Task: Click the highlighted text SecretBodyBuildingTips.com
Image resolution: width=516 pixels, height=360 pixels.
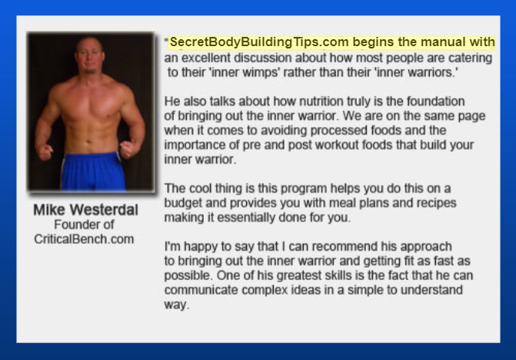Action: point(259,42)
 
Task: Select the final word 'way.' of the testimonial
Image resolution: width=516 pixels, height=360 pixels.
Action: point(177,305)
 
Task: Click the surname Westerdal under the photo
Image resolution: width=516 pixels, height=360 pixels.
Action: point(104,210)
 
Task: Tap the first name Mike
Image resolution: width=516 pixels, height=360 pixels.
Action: point(49,210)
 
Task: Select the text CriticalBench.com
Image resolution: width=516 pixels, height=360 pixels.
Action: point(84,239)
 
